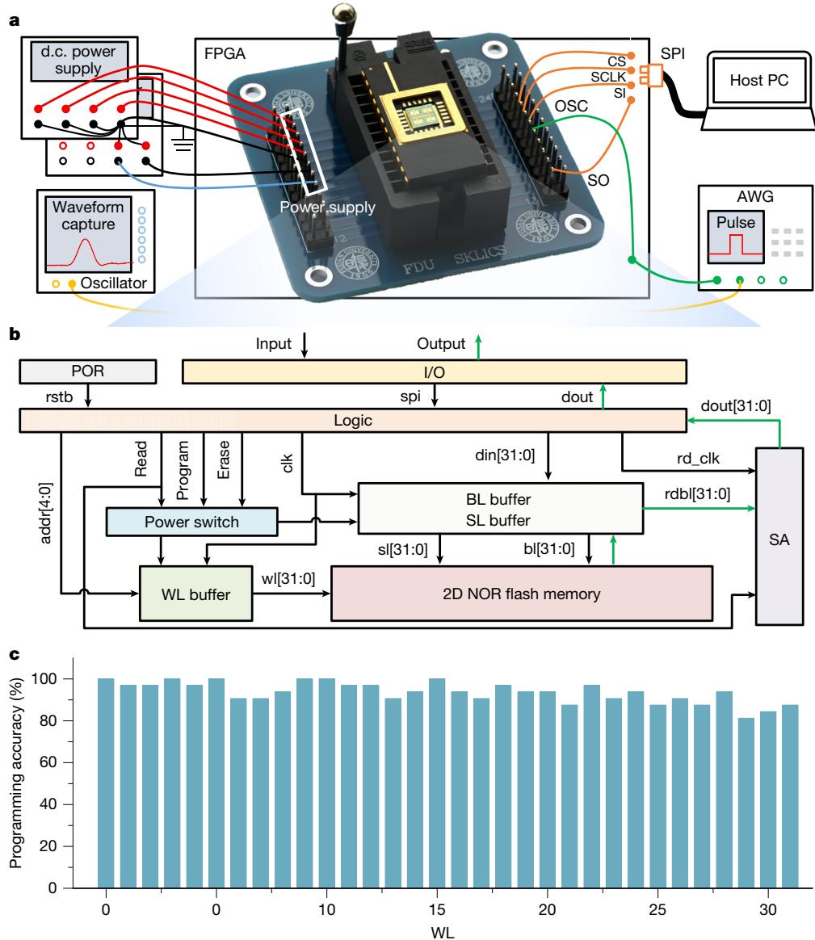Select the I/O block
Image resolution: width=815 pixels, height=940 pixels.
[435, 371]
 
